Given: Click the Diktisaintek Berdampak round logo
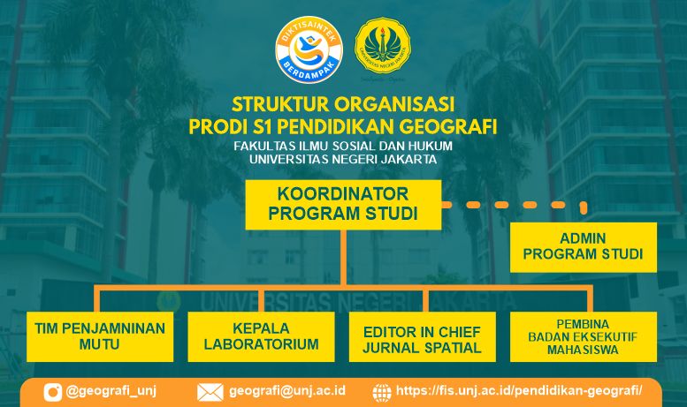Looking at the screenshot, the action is point(309,50).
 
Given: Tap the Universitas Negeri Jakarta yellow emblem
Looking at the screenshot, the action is point(383,46).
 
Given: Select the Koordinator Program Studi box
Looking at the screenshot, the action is point(343,204).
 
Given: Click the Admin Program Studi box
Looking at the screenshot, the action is point(584,247).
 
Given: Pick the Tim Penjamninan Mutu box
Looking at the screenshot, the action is point(100,336).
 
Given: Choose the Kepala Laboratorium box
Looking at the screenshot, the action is point(261,336).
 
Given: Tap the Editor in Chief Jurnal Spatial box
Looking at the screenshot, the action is point(423,336).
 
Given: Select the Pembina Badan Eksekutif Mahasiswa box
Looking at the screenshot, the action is point(584,336).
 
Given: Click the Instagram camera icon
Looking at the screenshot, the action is point(53,392).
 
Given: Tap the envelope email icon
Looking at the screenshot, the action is point(210,392).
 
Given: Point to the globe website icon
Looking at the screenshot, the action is point(382,393).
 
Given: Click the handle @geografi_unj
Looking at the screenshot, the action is point(111,390).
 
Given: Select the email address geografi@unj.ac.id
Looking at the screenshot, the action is point(287,390).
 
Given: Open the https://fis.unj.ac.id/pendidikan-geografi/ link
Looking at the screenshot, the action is point(519,390).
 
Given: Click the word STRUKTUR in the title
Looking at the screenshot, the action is point(280,104).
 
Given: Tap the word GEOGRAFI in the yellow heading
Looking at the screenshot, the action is point(447,127).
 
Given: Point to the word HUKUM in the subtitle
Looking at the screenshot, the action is point(431,146).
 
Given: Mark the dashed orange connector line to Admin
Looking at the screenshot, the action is point(515,205).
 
